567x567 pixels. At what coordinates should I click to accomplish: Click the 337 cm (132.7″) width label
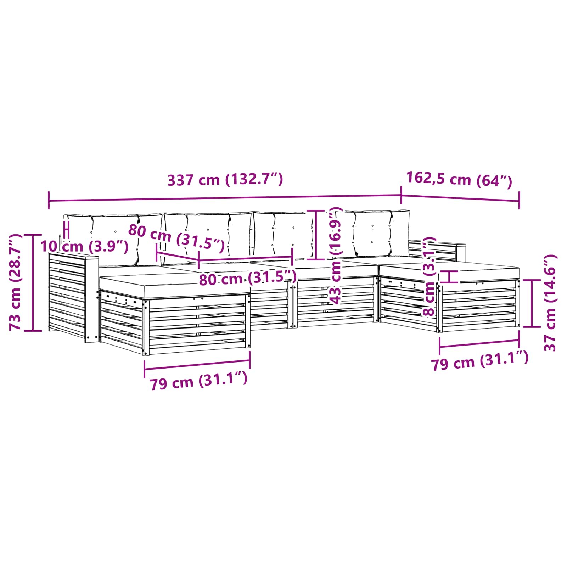(x=225, y=180)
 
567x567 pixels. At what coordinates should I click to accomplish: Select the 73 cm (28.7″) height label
(x=16, y=282)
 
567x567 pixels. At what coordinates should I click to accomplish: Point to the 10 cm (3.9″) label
(x=84, y=246)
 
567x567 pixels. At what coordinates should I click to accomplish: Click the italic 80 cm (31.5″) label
(x=176, y=238)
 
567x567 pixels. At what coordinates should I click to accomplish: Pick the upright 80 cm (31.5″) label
(x=247, y=279)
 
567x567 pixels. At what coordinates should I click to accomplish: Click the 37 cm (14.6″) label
(x=550, y=303)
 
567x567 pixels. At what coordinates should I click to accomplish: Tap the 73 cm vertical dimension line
(x=33, y=282)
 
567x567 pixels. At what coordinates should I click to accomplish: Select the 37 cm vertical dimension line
(x=532, y=303)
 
